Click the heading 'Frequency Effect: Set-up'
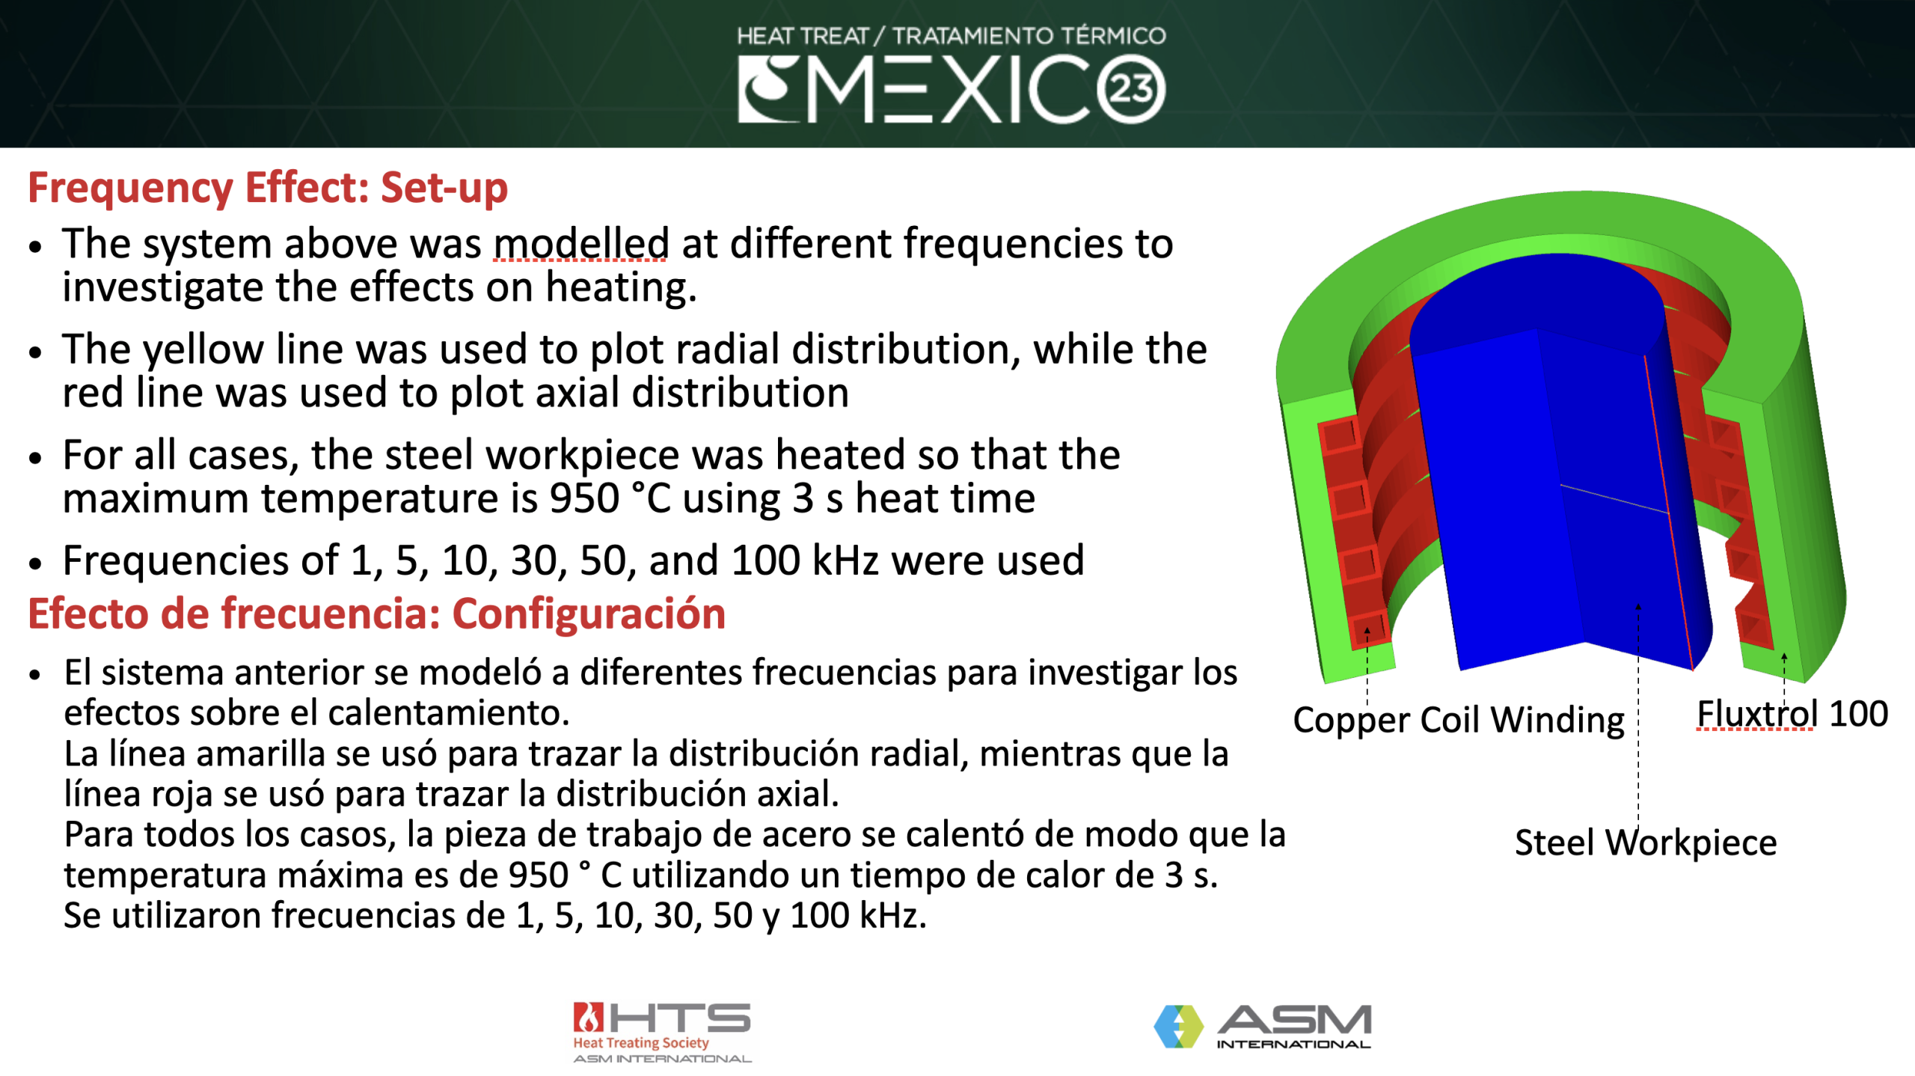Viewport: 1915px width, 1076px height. (267, 187)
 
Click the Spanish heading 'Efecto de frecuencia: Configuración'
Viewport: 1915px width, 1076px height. (376, 614)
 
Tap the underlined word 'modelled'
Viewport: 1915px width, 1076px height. (580, 244)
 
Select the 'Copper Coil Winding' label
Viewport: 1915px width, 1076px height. (1458, 720)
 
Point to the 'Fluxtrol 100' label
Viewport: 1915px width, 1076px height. (1792, 714)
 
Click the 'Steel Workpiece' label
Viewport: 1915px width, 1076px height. (1645, 843)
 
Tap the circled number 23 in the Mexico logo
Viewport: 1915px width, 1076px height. (1130, 89)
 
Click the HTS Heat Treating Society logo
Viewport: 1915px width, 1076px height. (661, 1032)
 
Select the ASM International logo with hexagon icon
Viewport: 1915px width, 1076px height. (1262, 1026)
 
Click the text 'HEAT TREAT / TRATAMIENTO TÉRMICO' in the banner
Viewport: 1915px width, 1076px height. (951, 35)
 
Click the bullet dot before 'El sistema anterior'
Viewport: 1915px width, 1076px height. (34, 675)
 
